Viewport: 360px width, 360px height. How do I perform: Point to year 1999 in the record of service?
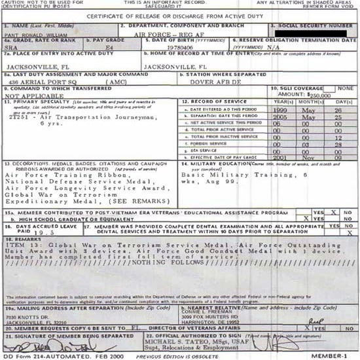click(281, 110)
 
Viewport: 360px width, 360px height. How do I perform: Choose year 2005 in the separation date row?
click(281, 117)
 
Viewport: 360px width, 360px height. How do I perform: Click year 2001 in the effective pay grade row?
click(281, 157)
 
